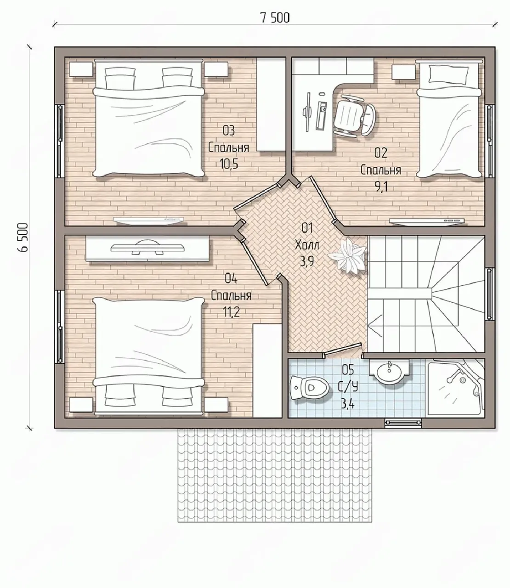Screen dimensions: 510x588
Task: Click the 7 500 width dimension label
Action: point(275,18)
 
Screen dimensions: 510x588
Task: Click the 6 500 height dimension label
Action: point(23,237)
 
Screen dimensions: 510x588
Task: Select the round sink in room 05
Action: point(389,371)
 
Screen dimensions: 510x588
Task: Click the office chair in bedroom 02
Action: point(355,116)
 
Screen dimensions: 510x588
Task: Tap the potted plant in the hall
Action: point(347,254)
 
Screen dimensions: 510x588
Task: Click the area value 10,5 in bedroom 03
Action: point(229,164)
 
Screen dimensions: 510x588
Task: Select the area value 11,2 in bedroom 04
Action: point(231,312)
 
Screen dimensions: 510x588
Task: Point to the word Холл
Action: point(307,244)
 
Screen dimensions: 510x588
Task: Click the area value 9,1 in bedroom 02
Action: point(381,187)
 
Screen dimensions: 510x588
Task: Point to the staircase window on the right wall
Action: point(489,294)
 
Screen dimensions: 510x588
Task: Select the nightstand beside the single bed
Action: point(403,72)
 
